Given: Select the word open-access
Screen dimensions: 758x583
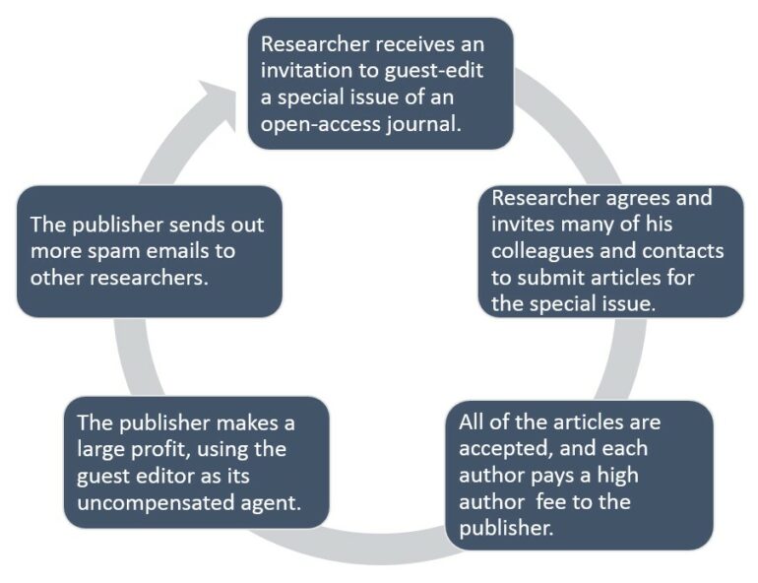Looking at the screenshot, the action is click(x=321, y=125).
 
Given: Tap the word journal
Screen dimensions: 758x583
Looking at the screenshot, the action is click(x=423, y=124).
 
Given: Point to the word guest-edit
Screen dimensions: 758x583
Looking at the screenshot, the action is click(x=433, y=71).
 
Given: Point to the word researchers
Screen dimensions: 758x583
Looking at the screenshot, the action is click(x=149, y=278).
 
